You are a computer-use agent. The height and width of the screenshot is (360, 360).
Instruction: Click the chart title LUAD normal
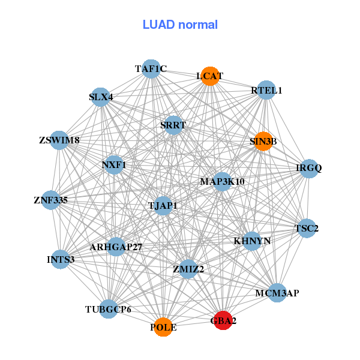tap(180, 25)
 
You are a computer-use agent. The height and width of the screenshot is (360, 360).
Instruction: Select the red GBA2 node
tap(223, 320)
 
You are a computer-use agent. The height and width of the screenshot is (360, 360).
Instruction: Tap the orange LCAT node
tap(209, 76)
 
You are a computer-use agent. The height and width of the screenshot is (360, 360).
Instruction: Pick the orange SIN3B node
tap(263, 142)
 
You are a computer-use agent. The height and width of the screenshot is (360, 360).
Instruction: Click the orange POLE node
tap(163, 327)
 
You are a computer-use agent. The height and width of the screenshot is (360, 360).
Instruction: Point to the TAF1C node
tap(151, 69)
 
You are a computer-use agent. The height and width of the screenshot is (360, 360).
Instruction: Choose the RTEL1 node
tap(266, 90)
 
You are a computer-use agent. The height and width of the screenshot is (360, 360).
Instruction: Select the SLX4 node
tap(100, 97)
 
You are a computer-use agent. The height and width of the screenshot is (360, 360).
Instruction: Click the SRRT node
tap(173, 125)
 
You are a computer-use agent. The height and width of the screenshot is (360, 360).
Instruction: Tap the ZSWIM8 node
tap(59, 140)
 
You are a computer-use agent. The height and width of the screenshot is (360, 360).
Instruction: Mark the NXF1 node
tap(113, 164)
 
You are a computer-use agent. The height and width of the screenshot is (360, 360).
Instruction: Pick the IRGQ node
tap(308, 168)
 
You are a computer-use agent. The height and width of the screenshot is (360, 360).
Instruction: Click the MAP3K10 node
tap(222, 181)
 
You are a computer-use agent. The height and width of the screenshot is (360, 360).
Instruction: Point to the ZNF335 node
tap(50, 199)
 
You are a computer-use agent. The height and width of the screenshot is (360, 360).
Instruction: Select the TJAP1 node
tap(163, 206)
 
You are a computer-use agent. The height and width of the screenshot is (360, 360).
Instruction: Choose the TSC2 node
tap(307, 228)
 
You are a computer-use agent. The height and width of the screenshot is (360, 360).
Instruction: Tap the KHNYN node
tap(252, 241)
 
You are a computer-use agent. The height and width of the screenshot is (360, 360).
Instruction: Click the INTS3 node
tap(60, 259)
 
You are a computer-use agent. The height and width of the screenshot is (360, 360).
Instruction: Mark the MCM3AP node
tap(277, 293)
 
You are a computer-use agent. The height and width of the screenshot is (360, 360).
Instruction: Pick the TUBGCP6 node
tap(108, 309)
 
